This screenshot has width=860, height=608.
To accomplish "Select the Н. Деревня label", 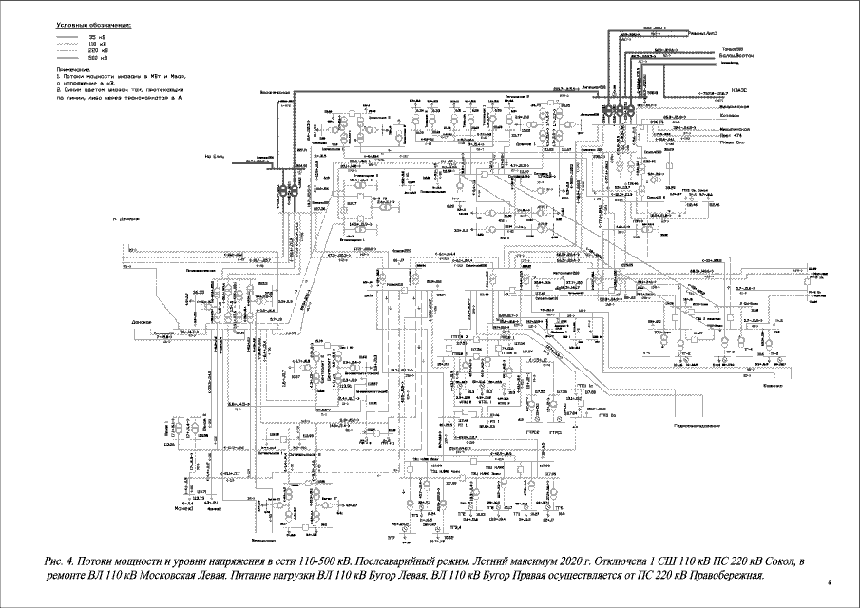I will [126, 219].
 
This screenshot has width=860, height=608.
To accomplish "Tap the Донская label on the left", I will [143, 321].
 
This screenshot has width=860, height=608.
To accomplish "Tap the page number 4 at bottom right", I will [830, 581].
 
